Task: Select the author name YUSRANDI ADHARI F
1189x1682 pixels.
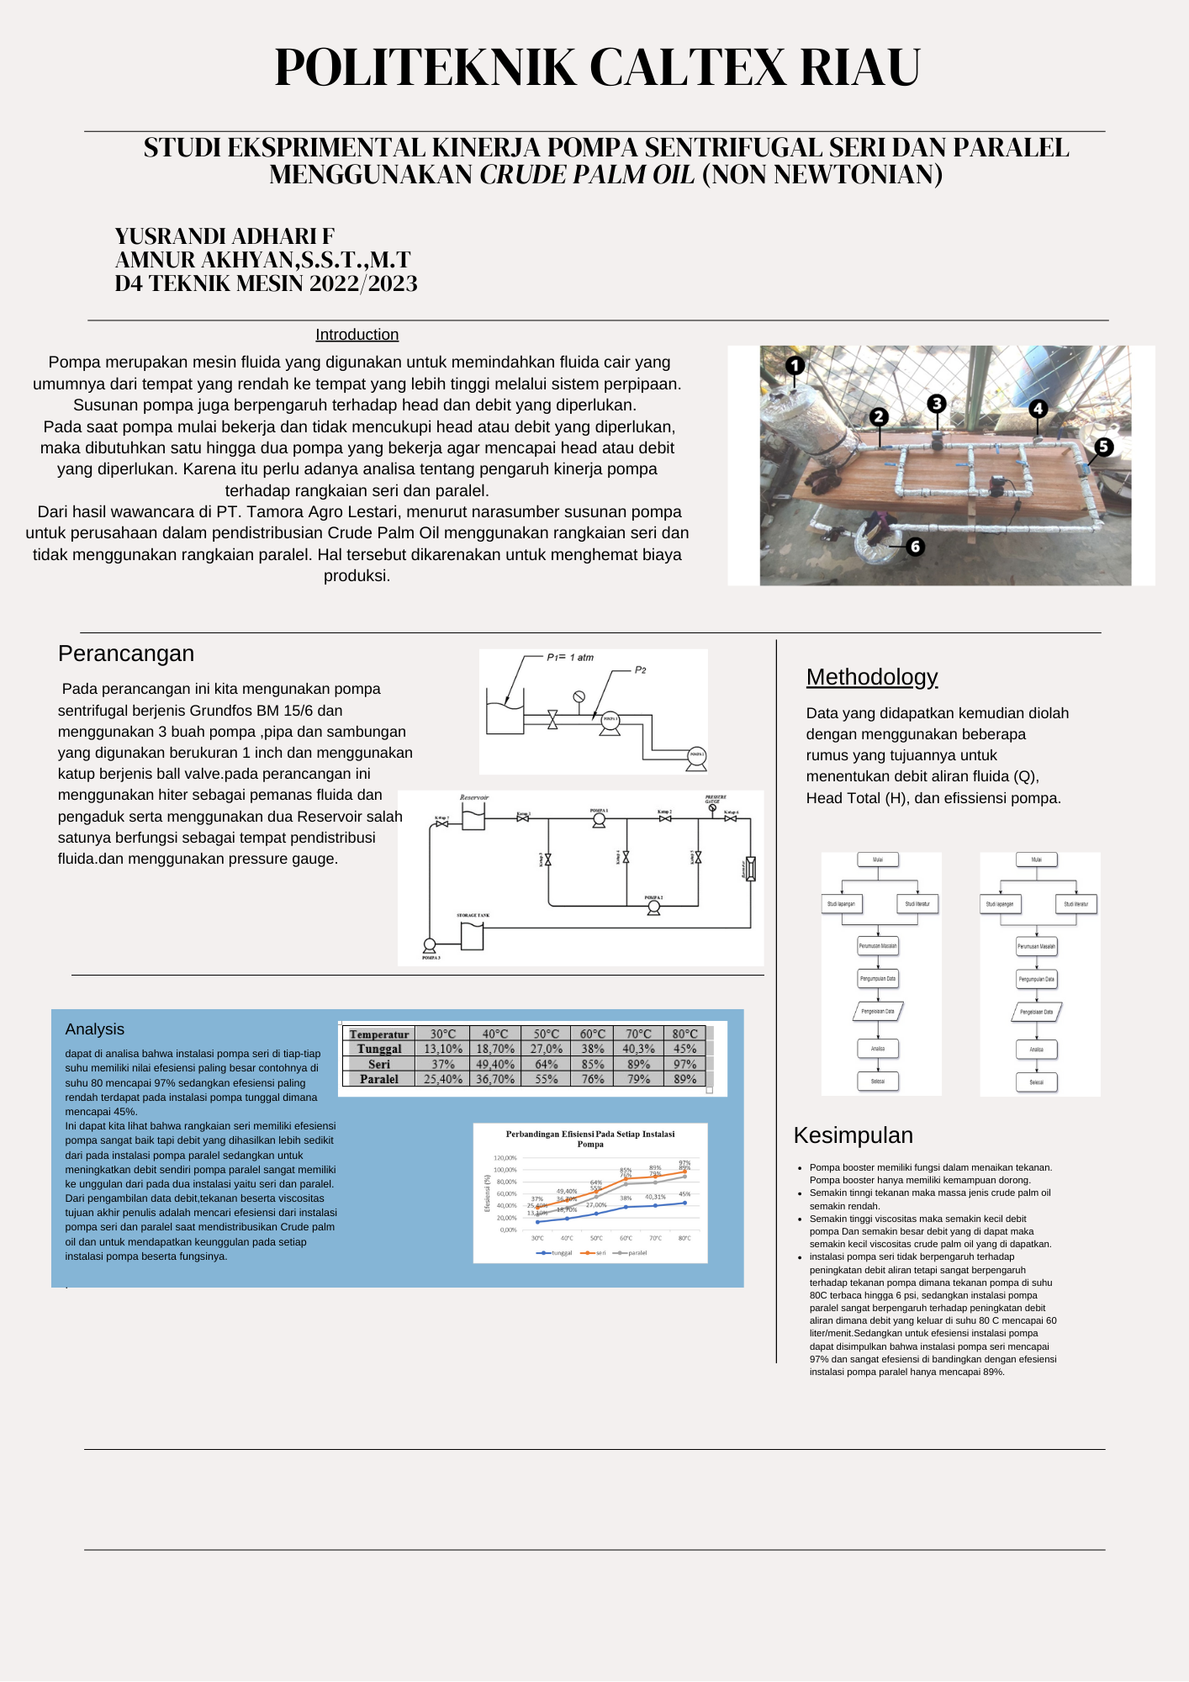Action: tap(225, 236)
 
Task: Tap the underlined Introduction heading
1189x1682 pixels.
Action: tap(357, 335)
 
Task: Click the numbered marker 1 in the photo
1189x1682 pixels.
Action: tap(795, 366)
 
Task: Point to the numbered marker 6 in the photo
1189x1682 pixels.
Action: tap(915, 547)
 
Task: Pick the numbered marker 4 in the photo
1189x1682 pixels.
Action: tap(1038, 409)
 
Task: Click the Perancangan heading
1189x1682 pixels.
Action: tap(126, 653)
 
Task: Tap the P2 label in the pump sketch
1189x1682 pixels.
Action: tap(640, 670)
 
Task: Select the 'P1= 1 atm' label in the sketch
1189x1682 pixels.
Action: tap(570, 658)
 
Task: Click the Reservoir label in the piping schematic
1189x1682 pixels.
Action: tap(474, 797)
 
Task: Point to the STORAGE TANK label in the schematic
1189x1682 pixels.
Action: tap(473, 915)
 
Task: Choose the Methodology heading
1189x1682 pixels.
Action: tap(871, 677)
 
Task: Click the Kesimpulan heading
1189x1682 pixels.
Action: tap(853, 1135)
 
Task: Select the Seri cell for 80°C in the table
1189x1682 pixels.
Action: tap(684, 1064)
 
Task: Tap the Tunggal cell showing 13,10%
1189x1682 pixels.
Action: tap(442, 1049)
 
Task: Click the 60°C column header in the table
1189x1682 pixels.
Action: tap(592, 1034)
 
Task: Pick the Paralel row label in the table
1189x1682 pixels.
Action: tap(378, 1079)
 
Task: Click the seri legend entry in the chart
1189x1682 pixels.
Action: tap(595, 1253)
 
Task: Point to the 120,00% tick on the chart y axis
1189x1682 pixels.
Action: tap(505, 1158)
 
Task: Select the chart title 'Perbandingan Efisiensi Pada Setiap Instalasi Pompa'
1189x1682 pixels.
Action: tap(589, 1139)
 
